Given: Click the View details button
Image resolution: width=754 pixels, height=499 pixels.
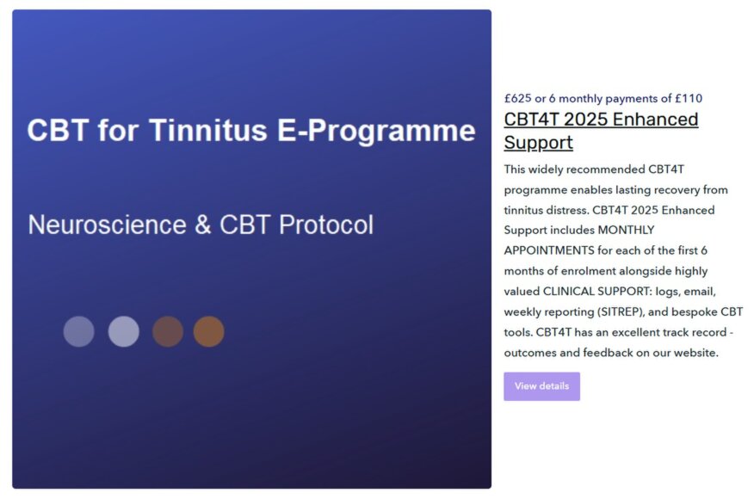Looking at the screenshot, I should [x=541, y=386].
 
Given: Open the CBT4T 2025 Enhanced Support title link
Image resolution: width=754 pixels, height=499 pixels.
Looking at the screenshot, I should [x=601, y=131].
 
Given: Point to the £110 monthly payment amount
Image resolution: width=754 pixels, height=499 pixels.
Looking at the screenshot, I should [x=689, y=98].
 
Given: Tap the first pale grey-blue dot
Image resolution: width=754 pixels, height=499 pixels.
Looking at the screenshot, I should [x=79, y=331].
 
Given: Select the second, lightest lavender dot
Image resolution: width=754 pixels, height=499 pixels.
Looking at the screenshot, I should [x=123, y=331].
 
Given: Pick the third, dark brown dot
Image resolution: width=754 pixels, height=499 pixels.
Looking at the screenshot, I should [x=168, y=331].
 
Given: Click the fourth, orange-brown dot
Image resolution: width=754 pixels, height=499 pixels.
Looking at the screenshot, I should [x=209, y=331].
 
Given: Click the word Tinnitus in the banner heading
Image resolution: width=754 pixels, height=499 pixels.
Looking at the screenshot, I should [x=196, y=131].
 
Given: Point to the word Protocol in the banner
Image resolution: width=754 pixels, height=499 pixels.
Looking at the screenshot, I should [x=328, y=225].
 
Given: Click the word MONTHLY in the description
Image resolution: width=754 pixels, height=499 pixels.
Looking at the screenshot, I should [x=626, y=230].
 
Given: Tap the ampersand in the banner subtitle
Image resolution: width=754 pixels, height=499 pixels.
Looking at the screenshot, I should [x=203, y=225].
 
